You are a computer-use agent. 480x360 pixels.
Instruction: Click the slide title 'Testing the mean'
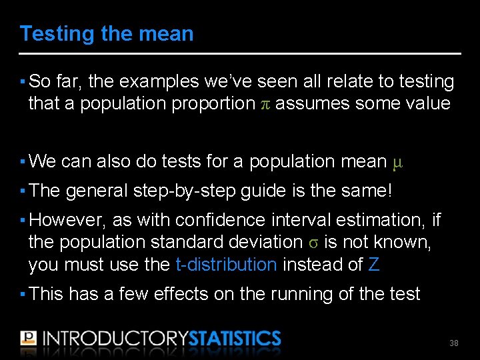coord(107,34)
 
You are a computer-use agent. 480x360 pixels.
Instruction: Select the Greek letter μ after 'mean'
coord(398,162)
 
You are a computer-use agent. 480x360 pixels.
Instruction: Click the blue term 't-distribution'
coord(226,265)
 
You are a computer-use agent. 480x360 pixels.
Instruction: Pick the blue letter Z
coord(374,265)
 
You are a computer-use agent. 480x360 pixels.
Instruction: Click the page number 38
coord(454,343)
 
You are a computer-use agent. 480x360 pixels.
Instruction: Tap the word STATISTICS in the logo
coord(235,338)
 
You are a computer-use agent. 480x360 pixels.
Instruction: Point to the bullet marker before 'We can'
coord(23,162)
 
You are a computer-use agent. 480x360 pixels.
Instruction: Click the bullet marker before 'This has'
coord(23,294)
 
